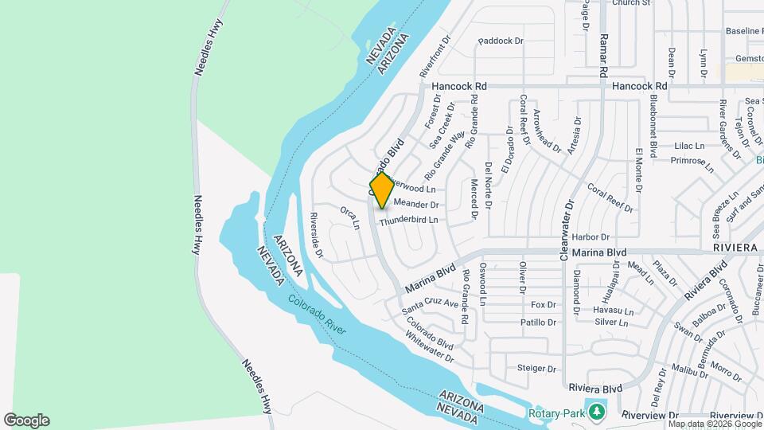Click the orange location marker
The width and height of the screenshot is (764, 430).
(382, 190)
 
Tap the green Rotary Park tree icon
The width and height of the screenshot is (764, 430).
(594, 412)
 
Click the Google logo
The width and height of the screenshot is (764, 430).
(26, 420)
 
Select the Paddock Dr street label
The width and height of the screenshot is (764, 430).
(501, 41)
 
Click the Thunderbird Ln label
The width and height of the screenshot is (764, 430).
(408, 220)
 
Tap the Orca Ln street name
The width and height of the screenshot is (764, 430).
(349, 217)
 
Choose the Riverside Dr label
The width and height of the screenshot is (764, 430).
(316, 235)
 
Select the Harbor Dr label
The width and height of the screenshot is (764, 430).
(590, 236)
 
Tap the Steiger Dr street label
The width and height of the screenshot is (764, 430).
(536, 368)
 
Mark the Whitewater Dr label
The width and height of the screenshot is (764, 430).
(428, 350)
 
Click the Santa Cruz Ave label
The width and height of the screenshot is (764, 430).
(430, 304)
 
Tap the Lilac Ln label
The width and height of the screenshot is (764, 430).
(689, 146)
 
